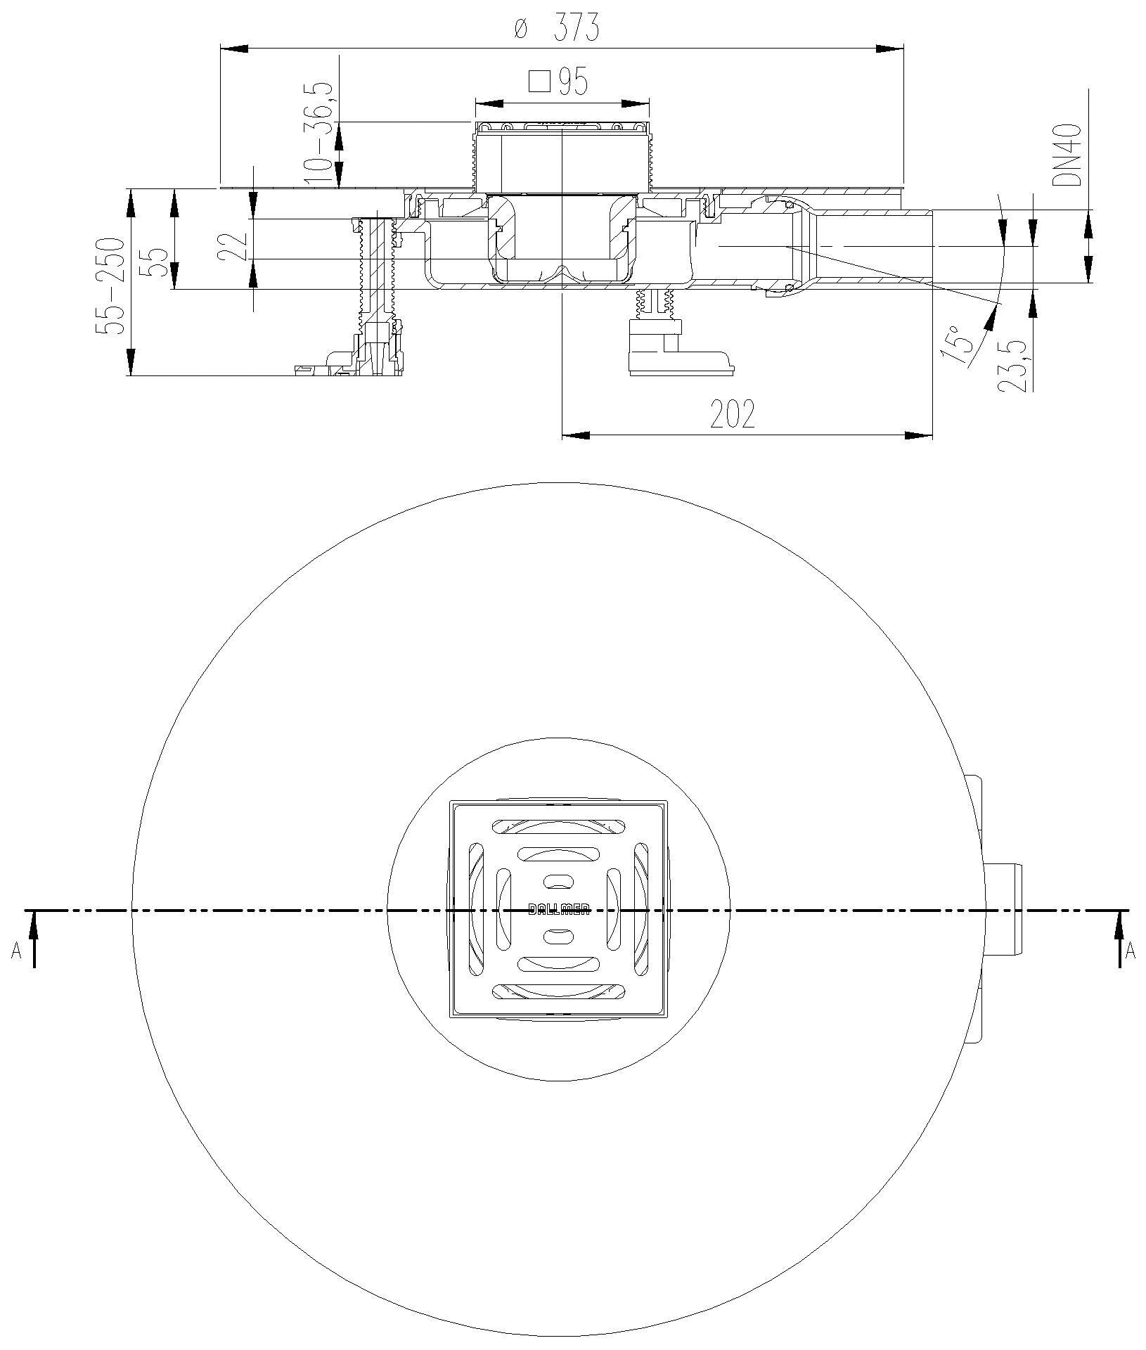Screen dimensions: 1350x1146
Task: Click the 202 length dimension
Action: click(x=733, y=415)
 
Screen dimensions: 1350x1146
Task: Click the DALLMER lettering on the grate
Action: click(x=559, y=910)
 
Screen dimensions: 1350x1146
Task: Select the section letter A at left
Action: click(x=15, y=951)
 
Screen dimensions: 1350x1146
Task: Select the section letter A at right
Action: click(x=1131, y=951)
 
